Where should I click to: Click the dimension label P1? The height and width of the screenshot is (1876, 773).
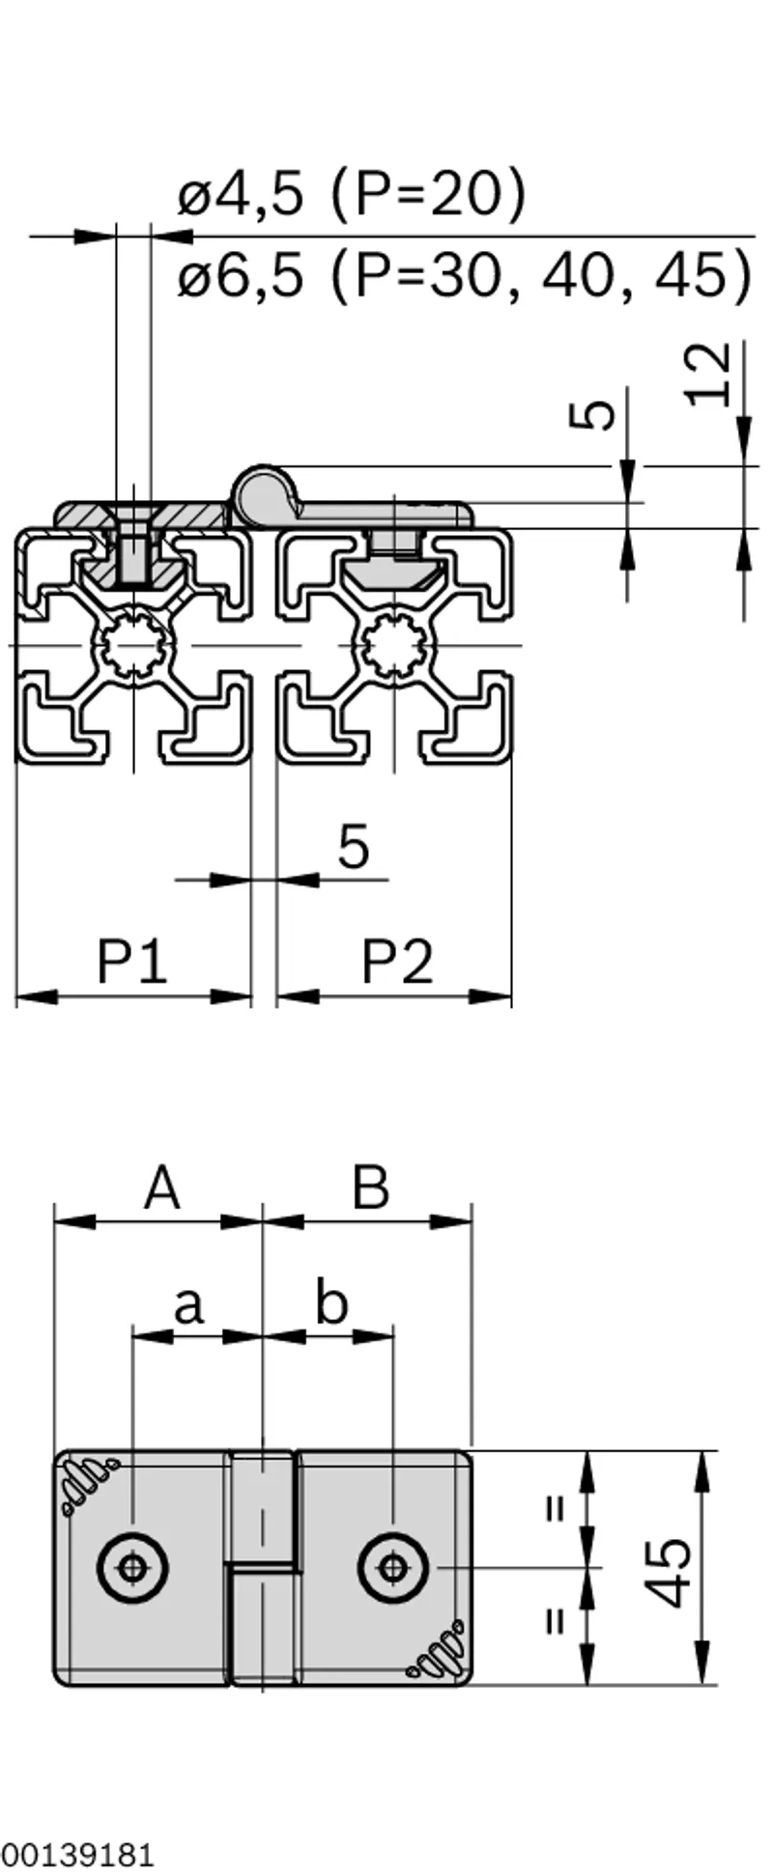pos(132,961)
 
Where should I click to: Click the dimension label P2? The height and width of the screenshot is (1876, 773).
pos(398,961)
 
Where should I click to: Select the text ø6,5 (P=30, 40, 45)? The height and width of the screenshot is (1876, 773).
pos(464,275)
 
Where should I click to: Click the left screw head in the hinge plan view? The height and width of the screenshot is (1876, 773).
pos(131,1567)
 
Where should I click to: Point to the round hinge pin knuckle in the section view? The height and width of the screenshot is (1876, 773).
pos(263,492)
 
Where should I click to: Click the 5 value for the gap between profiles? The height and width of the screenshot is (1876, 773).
pos(354,846)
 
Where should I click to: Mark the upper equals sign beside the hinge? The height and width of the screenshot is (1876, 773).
pos(555,1508)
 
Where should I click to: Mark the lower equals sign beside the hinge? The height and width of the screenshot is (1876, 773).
pos(555,1618)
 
